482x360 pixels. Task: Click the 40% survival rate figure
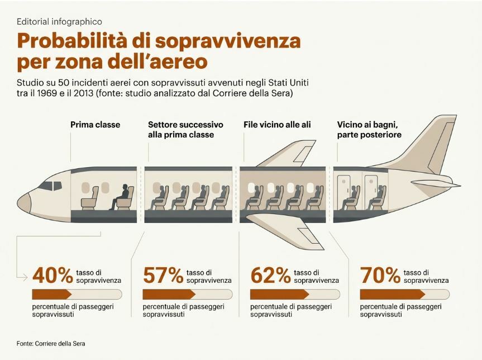(53, 275)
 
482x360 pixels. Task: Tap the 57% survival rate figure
(163, 275)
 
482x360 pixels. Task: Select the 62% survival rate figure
(270, 275)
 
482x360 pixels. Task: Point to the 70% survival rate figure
(380, 275)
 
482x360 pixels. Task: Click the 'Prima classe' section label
(95, 125)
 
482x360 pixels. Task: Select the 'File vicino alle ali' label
(277, 125)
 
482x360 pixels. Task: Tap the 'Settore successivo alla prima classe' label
(185, 130)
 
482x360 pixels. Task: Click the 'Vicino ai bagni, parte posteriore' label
(369, 130)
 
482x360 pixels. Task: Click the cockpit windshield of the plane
(51, 185)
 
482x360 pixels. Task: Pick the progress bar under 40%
(77, 294)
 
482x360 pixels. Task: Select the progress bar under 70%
(404, 294)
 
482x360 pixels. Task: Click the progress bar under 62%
(294, 294)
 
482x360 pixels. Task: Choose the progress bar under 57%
(187, 294)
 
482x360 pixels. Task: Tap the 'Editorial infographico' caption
(59, 22)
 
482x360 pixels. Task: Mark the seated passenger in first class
(122, 197)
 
